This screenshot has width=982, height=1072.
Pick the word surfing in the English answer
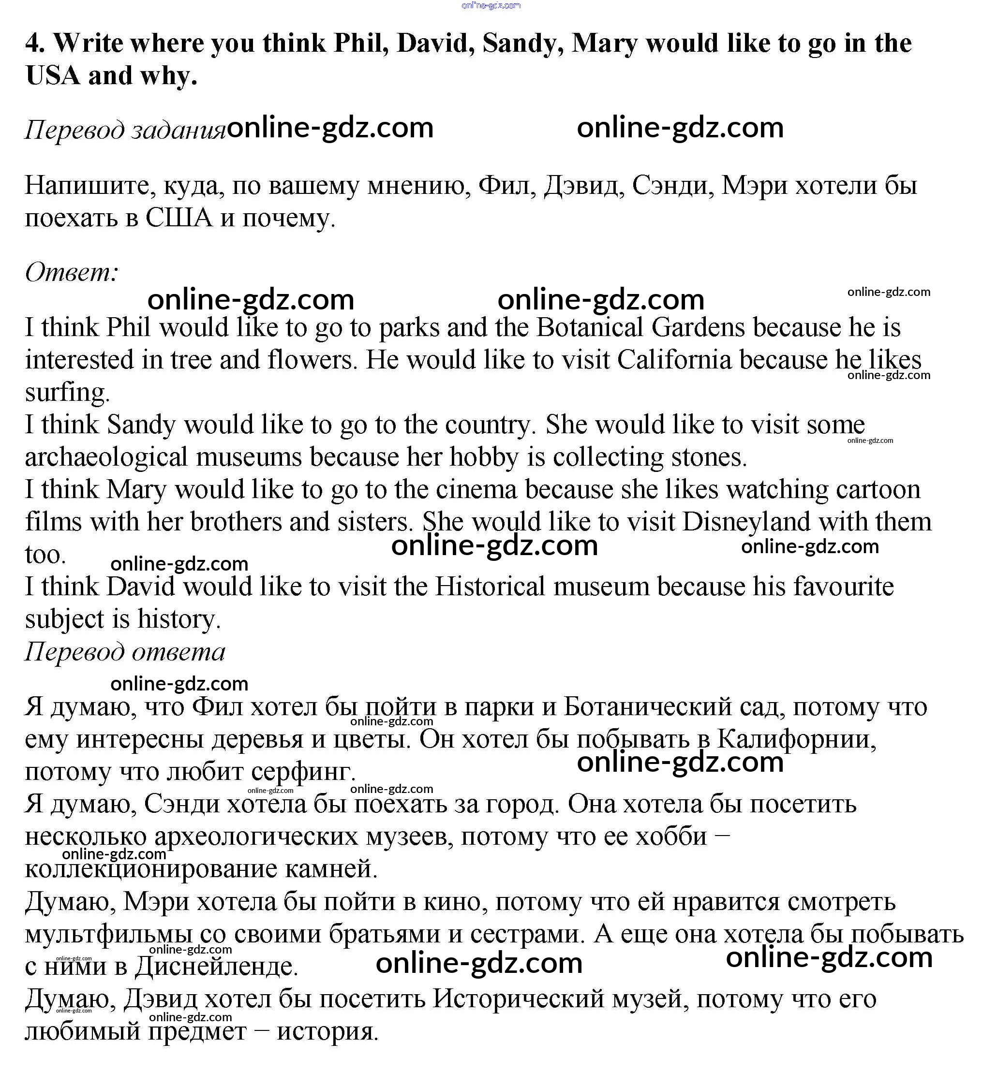(x=67, y=393)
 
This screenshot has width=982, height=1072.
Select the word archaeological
(x=106, y=457)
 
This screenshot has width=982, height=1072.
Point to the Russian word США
(x=179, y=218)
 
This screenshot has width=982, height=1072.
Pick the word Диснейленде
(x=216, y=967)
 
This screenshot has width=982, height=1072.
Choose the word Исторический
(x=519, y=999)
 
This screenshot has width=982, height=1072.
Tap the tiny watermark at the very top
(x=491, y=5)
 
